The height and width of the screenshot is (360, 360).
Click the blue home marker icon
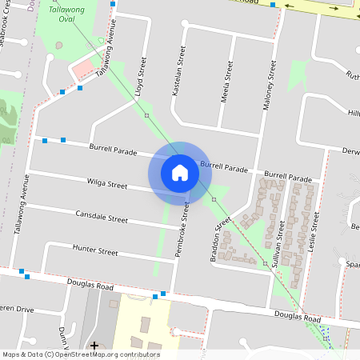[180, 172]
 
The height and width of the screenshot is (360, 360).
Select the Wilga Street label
[107, 185]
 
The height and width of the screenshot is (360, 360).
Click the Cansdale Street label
[101, 217]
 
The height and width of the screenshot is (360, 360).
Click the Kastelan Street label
[181, 70]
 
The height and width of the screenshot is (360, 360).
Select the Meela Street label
[227, 83]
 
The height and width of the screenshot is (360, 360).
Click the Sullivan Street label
[281, 242]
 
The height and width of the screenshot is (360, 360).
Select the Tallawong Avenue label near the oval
[106, 58]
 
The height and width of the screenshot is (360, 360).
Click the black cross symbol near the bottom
[94, 346]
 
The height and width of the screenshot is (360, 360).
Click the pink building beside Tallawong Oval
[82, 70]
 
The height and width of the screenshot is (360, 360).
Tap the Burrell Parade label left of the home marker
[114, 150]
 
